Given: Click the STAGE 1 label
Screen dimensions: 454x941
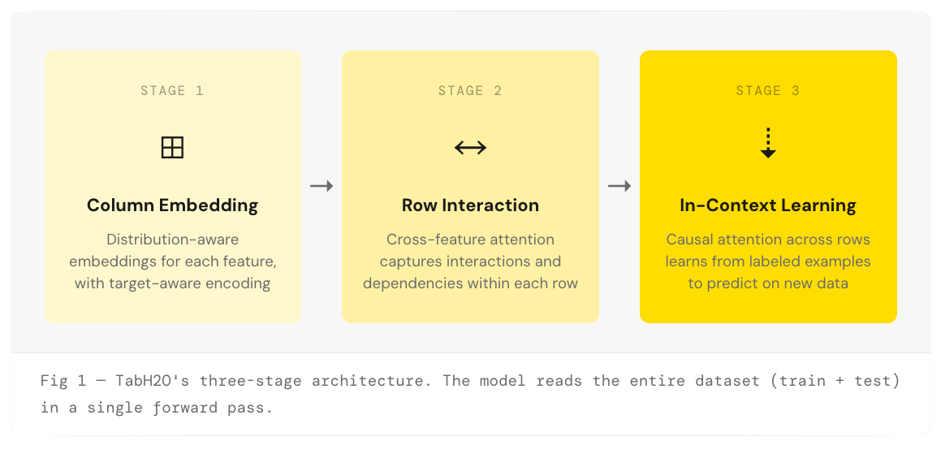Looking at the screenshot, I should (172, 91).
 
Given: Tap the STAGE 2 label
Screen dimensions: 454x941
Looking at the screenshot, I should (470, 91).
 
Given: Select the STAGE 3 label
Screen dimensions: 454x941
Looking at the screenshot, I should (768, 91).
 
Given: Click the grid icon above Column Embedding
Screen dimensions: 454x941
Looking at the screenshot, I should (172, 147).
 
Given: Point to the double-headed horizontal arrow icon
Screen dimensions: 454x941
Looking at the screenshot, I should (470, 147).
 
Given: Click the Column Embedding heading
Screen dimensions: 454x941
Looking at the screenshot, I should (172, 205).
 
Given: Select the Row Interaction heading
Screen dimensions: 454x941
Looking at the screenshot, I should (470, 205).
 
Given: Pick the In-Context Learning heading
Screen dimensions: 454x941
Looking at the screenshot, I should (768, 205).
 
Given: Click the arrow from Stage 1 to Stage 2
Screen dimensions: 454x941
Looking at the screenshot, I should (322, 186).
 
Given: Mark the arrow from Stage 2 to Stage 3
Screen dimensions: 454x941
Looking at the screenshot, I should (619, 186).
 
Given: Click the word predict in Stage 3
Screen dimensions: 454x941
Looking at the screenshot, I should (736, 283).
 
